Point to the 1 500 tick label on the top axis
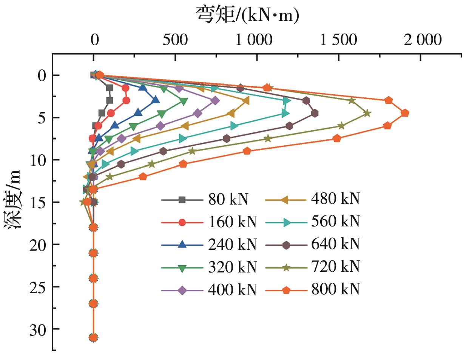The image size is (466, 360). click(x=338, y=39)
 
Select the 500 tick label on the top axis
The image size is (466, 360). click(x=176, y=39)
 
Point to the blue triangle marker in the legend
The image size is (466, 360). click(x=182, y=244)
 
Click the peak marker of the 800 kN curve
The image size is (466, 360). click(x=404, y=113)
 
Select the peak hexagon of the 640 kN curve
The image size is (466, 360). click(x=314, y=113)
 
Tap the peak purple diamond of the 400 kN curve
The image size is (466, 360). click(x=215, y=100)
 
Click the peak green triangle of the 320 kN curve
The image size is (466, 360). click(x=184, y=102)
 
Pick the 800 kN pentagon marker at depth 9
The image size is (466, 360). click(x=247, y=151)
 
